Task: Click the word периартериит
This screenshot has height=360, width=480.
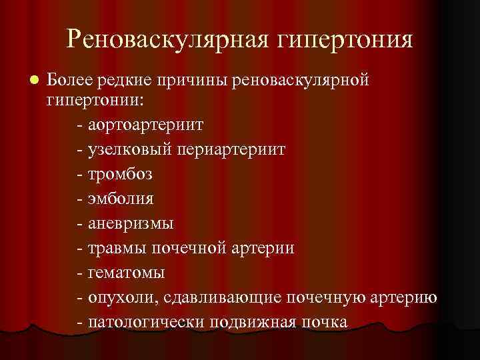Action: point(233,149)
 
